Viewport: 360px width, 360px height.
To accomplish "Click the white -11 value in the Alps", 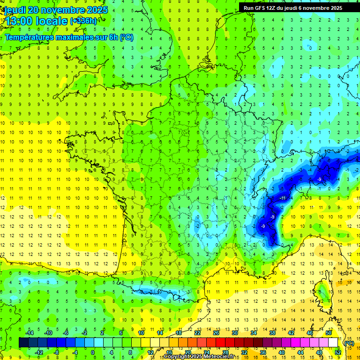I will coord(283,198).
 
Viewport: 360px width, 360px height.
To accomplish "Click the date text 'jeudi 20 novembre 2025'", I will coord(56,10).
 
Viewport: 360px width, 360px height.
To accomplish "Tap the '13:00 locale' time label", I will coord(36,21).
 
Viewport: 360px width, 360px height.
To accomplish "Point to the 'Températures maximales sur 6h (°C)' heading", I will coord(69,37).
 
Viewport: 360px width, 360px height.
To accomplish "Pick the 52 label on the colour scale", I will coord(338,352).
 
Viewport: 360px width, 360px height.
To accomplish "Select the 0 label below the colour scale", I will coord(93,352).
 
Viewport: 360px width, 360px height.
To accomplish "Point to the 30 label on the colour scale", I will coord(234,333).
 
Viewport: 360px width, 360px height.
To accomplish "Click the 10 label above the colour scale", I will coord(141,333).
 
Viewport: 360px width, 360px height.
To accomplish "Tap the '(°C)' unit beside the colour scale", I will coord(349,343).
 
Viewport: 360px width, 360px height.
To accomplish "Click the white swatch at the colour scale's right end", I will coord(333,343).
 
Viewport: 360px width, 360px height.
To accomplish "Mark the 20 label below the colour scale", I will coord(187,352).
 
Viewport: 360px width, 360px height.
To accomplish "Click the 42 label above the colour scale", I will coord(291,333).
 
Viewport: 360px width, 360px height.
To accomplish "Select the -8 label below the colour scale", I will coord(56,352).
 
